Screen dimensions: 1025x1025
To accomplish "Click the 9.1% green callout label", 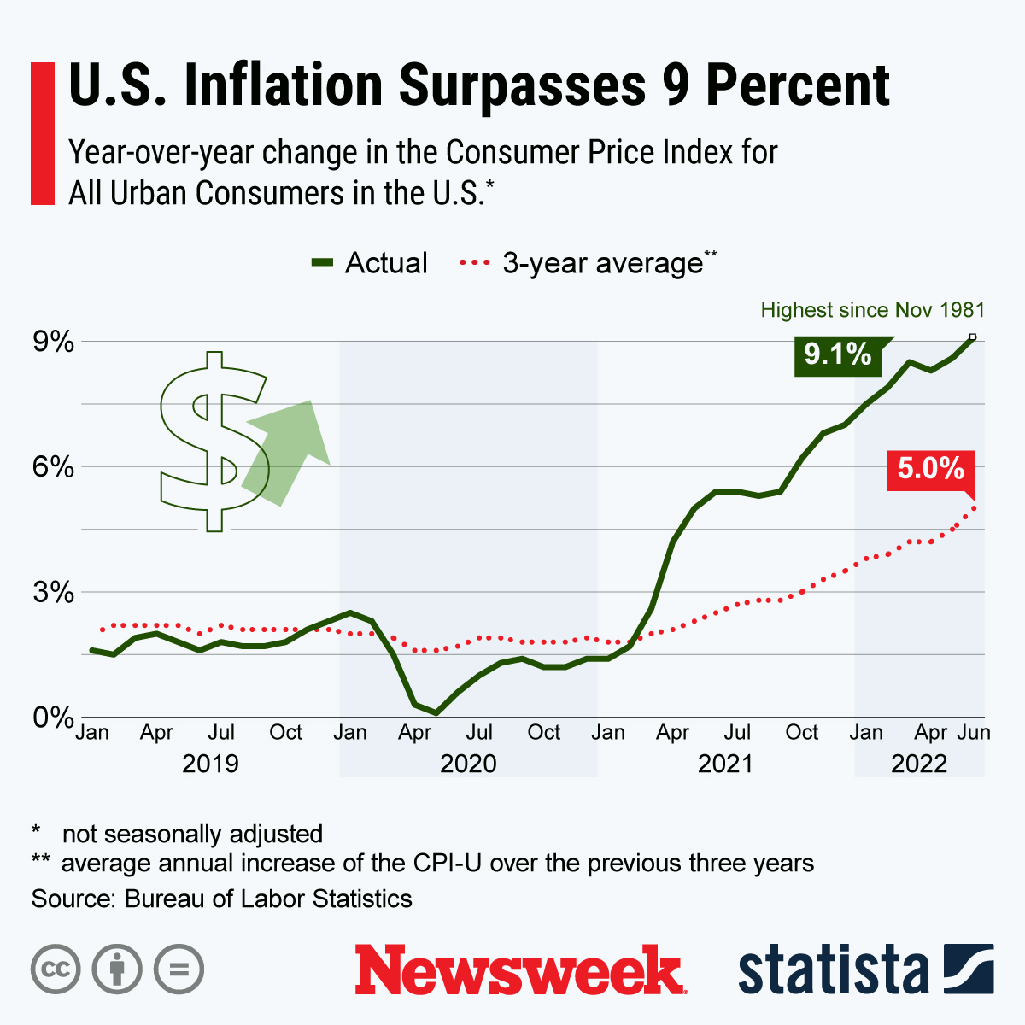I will pyautogui.click(x=837, y=354).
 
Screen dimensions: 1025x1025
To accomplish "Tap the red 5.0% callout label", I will pyautogui.click(x=930, y=469).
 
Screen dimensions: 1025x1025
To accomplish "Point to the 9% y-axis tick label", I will pyautogui.click(x=52, y=342).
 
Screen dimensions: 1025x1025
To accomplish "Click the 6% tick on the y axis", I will pyautogui.click(x=52, y=467).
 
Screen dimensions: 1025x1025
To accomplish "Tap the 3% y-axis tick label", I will pyautogui.click(x=52, y=592).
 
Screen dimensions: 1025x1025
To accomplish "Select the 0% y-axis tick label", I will pyautogui.click(x=52, y=717).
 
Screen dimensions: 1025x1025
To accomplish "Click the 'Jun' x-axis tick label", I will pyautogui.click(x=973, y=733).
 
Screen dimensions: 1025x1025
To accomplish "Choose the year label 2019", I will pyautogui.click(x=210, y=763).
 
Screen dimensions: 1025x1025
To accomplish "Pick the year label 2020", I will pyautogui.click(x=468, y=763).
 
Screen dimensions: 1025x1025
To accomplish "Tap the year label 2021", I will pyautogui.click(x=725, y=763).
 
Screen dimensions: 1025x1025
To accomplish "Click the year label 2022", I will pyautogui.click(x=919, y=763).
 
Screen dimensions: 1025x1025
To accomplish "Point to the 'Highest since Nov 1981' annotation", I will pyautogui.click(x=872, y=310).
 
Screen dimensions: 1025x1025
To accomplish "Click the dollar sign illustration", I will pyautogui.click(x=214, y=441).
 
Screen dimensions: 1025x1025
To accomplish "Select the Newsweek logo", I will pyautogui.click(x=520, y=970).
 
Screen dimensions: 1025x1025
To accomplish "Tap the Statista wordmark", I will pyautogui.click(x=833, y=970).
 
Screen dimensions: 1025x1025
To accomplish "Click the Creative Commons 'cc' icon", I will pyautogui.click(x=56, y=969).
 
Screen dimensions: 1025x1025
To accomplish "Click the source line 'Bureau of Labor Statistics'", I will pyautogui.click(x=268, y=899).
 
